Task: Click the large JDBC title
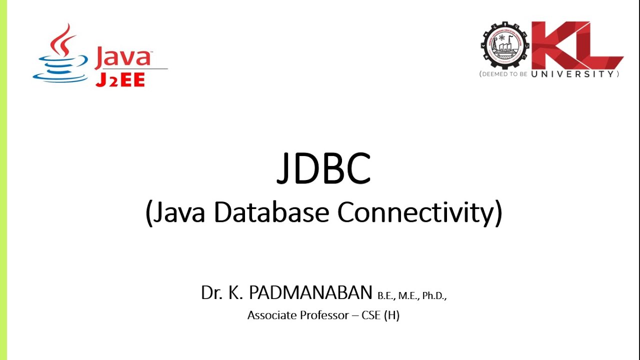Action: (323, 168)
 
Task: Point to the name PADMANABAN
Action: (310, 293)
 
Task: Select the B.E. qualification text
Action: (386, 296)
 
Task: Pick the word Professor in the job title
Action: (327, 315)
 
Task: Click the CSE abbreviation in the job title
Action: (371, 315)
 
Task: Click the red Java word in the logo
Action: (122, 57)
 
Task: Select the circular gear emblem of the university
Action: (504, 48)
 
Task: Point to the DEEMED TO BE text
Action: (504, 74)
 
